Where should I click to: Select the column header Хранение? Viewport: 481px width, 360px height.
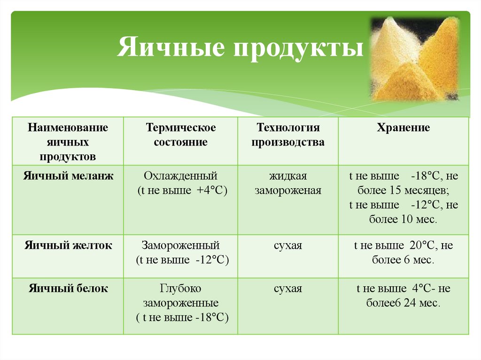[x=403, y=128]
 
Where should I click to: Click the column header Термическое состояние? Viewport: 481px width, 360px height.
[x=181, y=135]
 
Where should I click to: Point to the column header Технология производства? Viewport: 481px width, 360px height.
[x=288, y=135]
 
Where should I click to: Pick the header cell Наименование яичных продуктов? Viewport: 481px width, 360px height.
[x=68, y=141]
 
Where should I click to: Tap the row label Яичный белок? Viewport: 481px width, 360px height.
[x=68, y=288]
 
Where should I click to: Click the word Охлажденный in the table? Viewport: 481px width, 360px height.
[x=181, y=176]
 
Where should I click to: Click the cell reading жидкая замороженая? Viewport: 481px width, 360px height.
[x=288, y=184]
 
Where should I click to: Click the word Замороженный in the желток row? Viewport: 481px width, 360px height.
[x=181, y=245]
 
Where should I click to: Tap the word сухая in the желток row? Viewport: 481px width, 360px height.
[x=288, y=245]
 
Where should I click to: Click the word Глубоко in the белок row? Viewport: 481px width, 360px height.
[x=181, y=288]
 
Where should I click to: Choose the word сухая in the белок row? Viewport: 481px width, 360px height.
[x=288, y=288]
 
